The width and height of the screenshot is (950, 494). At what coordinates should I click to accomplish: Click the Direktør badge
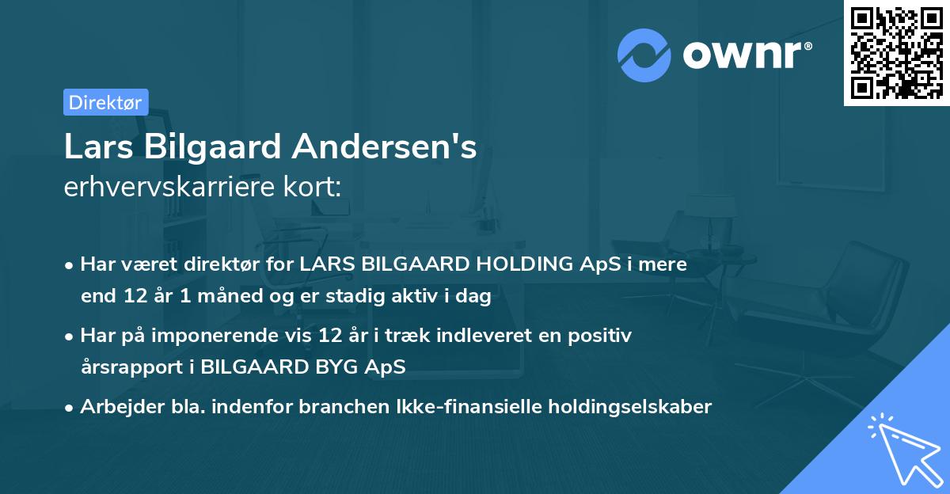click(x=105, y=102)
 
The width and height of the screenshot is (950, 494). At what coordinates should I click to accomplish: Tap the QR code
click(x=896, y=52)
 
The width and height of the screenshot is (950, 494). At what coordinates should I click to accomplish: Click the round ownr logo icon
click(x=644, y=55)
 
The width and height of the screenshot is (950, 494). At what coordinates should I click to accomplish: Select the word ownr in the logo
click(x=743, y=55)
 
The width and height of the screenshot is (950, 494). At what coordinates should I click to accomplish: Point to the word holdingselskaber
click(x=625, y=407)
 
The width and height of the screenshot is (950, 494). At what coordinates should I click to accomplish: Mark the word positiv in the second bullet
click(x=606, y=336)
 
